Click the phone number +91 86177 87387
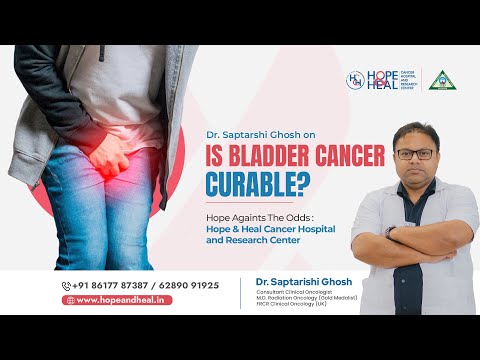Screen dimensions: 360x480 [x=108, y=285]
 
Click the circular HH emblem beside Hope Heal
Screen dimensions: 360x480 [x=355, y=79]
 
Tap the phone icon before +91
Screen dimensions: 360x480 [x=67, y=285]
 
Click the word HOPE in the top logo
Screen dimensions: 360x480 [x=381, y=74]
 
